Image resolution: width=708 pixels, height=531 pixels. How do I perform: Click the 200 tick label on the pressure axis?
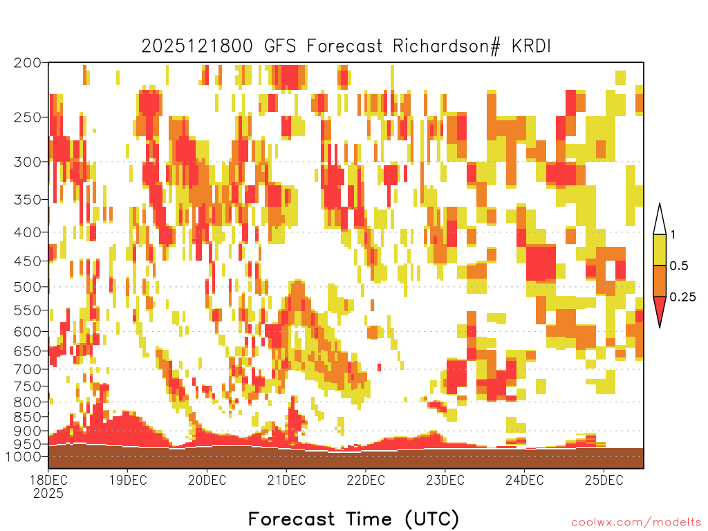point(28,63)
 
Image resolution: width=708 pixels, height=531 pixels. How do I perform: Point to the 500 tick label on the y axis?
point(28,287)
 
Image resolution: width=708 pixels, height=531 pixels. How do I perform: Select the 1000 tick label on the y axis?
point(24,457)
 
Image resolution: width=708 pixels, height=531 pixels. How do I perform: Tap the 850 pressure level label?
point(28,417)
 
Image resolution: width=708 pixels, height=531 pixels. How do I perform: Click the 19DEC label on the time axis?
point(128,480)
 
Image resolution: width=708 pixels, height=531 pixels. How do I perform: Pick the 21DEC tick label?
point(287,480)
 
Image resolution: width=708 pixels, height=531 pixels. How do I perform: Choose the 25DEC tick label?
point(604,480)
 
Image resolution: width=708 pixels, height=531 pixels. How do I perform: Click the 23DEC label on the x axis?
point(445,480)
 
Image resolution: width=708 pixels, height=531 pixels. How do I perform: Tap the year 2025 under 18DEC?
point(48,494)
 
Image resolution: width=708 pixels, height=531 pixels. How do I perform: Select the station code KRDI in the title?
point(532,46)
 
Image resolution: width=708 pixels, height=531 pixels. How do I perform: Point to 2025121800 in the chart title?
point(197,46)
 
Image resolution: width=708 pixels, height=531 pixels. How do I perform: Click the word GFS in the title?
point(280,46)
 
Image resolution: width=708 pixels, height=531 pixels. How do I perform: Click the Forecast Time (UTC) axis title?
point(353,519)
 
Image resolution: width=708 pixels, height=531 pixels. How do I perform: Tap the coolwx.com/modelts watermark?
point(636,523)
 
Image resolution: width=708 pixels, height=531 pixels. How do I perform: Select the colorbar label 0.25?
point(682,297)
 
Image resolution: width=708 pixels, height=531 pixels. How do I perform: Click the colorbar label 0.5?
point(679,266)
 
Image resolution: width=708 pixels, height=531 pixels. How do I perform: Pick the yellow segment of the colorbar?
point(660,250)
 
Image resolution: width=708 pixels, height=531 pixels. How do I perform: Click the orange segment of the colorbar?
point(660,281)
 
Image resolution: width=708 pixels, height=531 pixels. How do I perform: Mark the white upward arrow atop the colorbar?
point(660,220)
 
